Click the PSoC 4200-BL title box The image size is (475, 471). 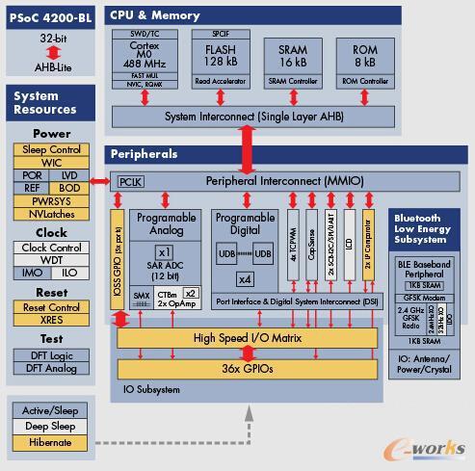pos(51,17)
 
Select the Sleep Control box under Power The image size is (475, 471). pos(51,149)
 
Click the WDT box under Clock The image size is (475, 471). pos(51,260)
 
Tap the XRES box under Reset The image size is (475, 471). pos(51,319)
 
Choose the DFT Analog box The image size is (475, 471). pos(51,367)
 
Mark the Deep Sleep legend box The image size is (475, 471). pos(51,427)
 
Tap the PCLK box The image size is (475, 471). pos(130,182)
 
